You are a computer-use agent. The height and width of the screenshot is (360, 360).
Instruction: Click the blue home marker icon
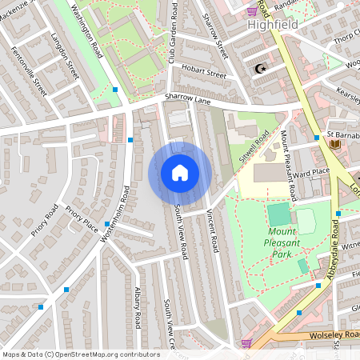pyautogui.click(x=180, y=173)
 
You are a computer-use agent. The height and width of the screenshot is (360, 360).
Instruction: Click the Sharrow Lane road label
pyautogui.click(x=186, y=98)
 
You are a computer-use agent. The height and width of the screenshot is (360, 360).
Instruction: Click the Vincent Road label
pyautogui.click(x=212, y=226)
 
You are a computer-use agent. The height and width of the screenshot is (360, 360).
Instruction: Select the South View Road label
pyautogui.click(x=181, y=230)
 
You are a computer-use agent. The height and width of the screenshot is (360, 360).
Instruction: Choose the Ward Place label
pyautogui.click(x=311, y=173)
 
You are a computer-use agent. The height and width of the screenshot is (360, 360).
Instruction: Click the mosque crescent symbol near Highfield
pyautogui.click(x=258, y=69)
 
